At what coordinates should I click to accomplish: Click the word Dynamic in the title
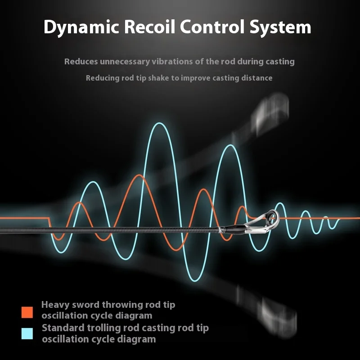point(81,27)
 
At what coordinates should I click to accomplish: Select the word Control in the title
point(212,27)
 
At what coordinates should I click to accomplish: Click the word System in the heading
point(280,27)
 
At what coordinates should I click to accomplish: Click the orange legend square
point(27,312)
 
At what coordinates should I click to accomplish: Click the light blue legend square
point(27,333)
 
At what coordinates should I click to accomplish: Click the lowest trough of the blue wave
point(195,280)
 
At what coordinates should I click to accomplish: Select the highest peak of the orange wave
point(139,175)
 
